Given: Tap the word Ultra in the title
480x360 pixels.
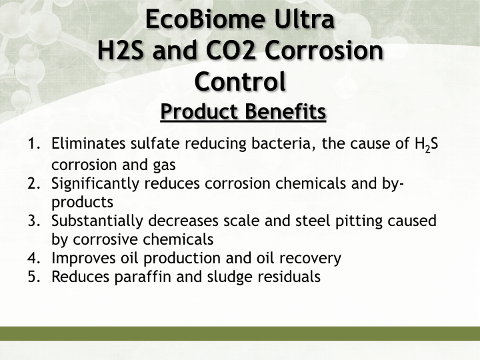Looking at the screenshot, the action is pyautogui.click(x=304, y=19).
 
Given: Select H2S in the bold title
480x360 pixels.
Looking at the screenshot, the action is pyautogui.click(x=120, y=50).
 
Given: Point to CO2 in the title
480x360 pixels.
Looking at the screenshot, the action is pyautogui.click(x=231, y=50).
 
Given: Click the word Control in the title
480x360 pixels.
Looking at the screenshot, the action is pyautogui.click(x=240, y=81).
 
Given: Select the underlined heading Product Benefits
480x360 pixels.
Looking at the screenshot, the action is pyautogui.click(x=243, y=111).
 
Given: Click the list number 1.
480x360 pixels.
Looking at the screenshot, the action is pyautogui.click(x=34, y=143).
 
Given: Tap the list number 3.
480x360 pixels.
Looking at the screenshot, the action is pyautogui.click(x=34, y=221).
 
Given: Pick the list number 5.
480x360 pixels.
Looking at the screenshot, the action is pyautogui.click(x=34, y=277).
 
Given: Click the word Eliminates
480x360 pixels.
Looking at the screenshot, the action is pyautogui.click(x=88, y=143).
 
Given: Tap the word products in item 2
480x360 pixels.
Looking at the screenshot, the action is pyautogui.click(x=83, y=203).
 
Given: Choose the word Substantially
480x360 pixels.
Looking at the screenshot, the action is pyautogui.click(x=97, y=221).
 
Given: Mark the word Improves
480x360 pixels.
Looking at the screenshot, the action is pyautogui.click(x=83, y=259).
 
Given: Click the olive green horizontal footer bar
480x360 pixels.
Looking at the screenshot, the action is pyautogui.click(x=240, y=333).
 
